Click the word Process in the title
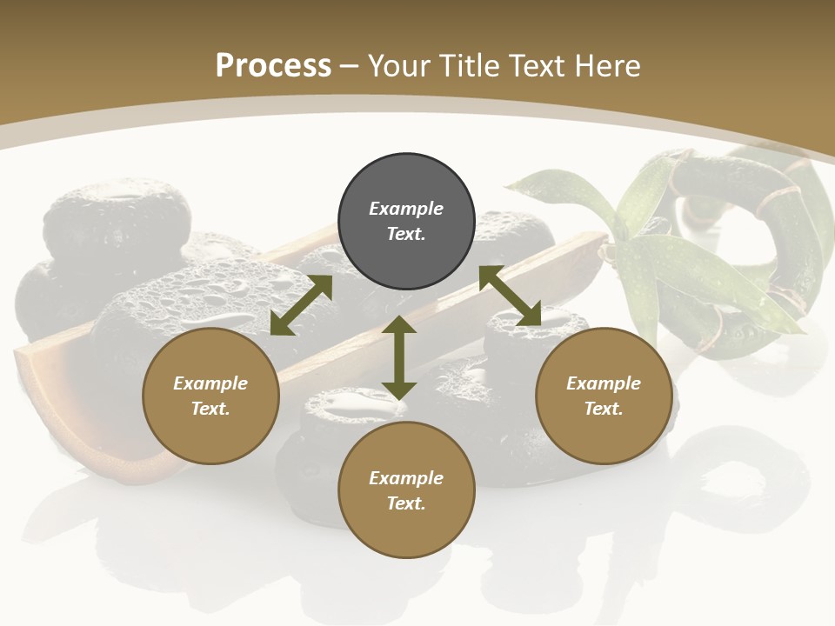(x=273, y=66)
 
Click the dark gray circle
(x=406, y=222)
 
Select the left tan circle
(x=210, y=396)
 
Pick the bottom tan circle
(x=406, y=490)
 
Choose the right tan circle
(x=604, y=396)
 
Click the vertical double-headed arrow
(x=399, y=357)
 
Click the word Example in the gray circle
(x=406, y=209)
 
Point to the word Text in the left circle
(x=210, y=409)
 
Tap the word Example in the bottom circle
(x=406, y=478)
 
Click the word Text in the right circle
(x=604, y=409)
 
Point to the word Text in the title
(x=539, y=66)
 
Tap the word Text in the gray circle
(x=406, y=234)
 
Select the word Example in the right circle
(x=604, y=383)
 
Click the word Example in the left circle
(x=210, y=383)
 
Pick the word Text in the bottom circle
(x=406, y=503)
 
